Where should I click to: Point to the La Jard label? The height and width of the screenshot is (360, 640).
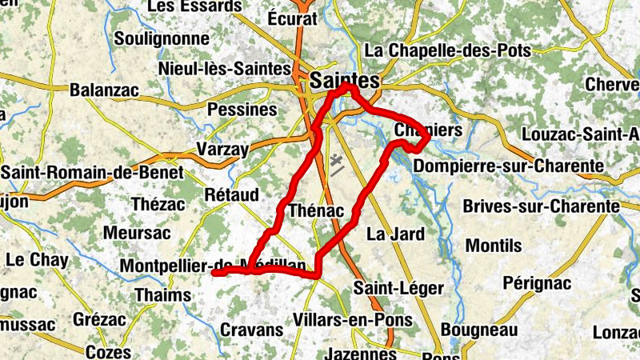click(395, 234)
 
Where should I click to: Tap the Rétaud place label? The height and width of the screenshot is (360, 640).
click(231, 194)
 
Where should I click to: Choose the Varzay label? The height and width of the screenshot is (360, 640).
click(222, 149)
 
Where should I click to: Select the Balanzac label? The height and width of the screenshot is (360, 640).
click(104, 90)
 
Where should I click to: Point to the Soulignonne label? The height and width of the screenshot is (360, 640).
click(162, 38)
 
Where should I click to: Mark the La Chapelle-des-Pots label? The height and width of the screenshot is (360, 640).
click(447, 50)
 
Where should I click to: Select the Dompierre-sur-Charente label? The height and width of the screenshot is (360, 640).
click(509, 166)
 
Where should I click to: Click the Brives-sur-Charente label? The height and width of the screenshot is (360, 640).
click(542, 206)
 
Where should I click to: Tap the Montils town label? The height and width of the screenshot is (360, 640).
click(494, 245)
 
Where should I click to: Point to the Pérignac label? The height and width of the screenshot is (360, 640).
click(537, 282)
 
